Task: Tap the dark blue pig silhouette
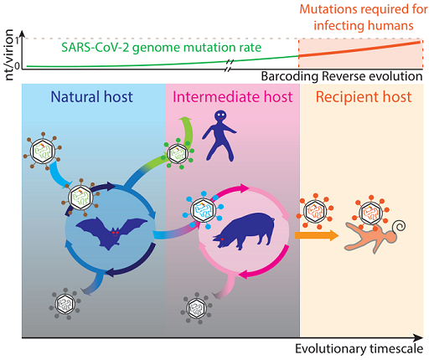click(x=244, y=230)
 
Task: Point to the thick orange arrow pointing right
click(x=317, y=235)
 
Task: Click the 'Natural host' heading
click(x=91, y=97)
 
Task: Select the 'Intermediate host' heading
click(x=232, y=97)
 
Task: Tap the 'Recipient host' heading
click(x=364, y=97)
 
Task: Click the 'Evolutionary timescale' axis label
click(x=359, y=349)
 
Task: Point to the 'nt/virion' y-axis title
click(x=9, y=54)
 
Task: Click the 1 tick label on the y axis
click(x=18, y=40)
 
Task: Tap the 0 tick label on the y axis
click(x=17, y=66)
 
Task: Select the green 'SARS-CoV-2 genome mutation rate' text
click(x=161, y=48)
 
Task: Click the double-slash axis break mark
click(x=229, y=65)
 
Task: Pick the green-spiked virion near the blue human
click(x=178, y=153)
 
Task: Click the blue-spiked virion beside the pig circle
click(x=203, y=210)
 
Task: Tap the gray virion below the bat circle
click(x=65, y=304)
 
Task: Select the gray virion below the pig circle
click(x=196, y=308)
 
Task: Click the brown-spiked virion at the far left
click(x=43, y=152)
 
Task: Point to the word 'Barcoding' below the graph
click(x=289, y=76)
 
